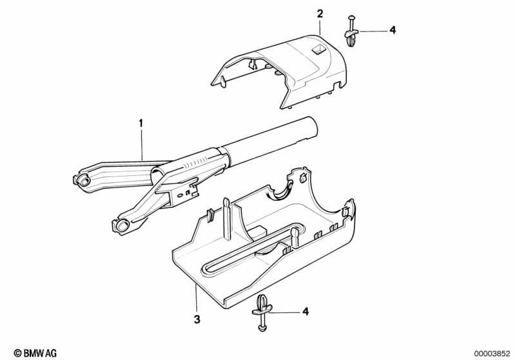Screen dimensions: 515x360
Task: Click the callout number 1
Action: (x=141, y=124)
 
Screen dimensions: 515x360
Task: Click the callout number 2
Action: (x=320, y=14)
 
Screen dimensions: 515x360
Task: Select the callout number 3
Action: (x=197, y=319)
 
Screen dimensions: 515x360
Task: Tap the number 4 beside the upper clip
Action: (x=393, y=30)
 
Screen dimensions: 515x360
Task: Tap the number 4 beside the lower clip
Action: (x=306, y=312)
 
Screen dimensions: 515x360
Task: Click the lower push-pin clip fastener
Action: (x=262, y=312)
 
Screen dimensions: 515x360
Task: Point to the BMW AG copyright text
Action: (x=35, y=353)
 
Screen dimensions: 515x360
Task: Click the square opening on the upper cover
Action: (x=318, y=50)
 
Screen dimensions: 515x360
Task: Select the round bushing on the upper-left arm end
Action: (x=84, y=180)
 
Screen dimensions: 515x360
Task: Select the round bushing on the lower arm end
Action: (x=122, y=225)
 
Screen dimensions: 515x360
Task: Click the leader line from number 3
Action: (x=196, y=298)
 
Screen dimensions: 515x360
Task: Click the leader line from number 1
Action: (x=142, y=144)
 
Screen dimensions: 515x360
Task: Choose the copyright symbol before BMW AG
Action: (x=17, y=354)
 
